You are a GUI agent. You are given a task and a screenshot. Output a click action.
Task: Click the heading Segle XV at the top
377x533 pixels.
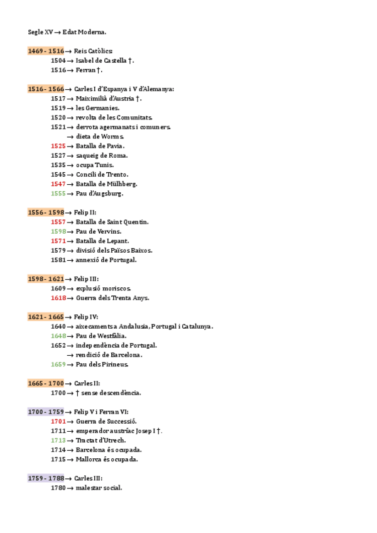point(40,32)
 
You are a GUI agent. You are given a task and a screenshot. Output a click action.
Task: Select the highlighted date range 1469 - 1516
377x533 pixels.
point(46,51)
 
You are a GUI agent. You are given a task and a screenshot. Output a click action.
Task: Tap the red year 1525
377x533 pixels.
point(58,146)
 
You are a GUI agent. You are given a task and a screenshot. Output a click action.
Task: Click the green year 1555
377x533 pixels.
point(58,194)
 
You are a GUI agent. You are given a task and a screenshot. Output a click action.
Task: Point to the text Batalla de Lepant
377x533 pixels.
point(102,241)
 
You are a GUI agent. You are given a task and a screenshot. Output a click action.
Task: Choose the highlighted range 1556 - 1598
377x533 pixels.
point(46,212)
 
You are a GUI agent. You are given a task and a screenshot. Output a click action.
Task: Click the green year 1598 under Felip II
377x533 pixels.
point(58,231)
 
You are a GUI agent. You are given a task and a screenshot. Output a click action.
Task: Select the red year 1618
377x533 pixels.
point(58,298)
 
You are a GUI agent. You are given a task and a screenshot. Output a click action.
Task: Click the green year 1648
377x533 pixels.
point(58,336)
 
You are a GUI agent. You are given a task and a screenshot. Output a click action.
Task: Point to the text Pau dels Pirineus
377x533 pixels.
point(102,365)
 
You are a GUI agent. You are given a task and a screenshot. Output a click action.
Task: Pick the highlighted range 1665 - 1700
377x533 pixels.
point(46,383)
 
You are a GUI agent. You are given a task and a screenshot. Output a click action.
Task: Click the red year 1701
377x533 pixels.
point(58,421)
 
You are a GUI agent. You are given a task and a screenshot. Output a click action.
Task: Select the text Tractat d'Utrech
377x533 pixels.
point(101,440)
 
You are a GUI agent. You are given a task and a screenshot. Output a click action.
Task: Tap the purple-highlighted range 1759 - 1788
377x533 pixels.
point(46,478)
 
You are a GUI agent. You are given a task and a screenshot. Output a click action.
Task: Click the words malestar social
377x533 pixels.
point(99,488)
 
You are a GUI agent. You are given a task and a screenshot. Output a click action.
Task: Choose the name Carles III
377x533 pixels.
point(88,478)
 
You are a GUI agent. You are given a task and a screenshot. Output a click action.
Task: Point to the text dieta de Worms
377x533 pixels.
point(100,136)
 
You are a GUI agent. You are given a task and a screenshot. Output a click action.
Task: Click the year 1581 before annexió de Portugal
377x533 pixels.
point(58,260)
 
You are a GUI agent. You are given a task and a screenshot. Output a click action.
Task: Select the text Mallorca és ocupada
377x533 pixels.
point(107,459)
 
